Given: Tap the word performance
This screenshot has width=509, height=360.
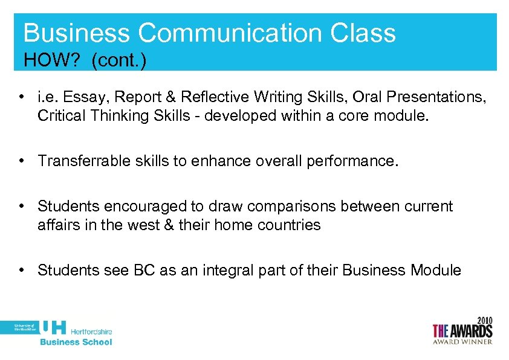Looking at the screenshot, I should (x=357, y=161).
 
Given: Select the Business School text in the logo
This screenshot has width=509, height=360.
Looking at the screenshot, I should (x=76, y=342).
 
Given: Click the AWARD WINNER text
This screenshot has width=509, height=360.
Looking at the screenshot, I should (x=462, y=341).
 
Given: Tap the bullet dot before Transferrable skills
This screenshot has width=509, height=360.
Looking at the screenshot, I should (x=22, y=161).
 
